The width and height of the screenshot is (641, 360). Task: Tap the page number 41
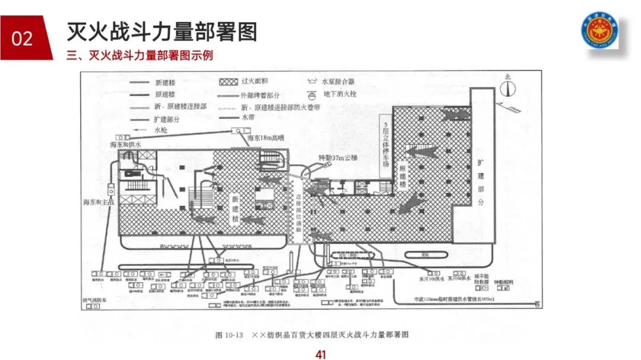320,354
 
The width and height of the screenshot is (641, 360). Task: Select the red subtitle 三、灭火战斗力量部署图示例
140,56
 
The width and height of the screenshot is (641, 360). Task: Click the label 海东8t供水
125,144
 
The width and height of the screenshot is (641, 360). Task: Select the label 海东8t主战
98,202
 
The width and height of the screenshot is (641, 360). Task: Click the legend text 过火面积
256,81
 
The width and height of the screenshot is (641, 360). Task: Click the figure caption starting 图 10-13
312,334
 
